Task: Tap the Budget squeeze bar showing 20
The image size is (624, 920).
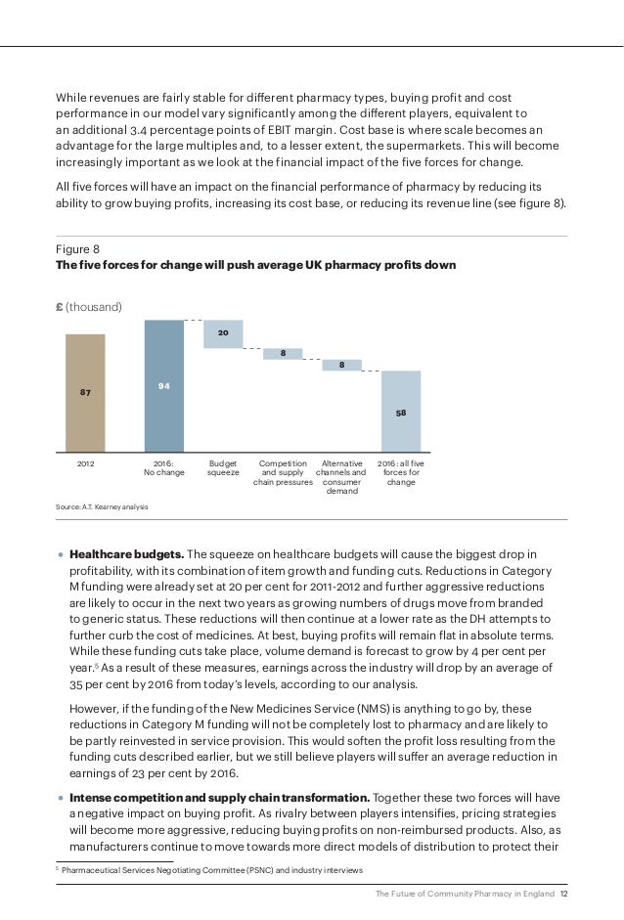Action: (x=223, y=334)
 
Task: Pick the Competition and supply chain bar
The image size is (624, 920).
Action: (x=283, y=353)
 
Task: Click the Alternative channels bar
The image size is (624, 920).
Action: (x=342, y=365)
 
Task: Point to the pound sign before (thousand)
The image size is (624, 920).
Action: (x=59, y=307)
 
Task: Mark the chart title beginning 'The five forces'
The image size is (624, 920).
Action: (x=254, y=266)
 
